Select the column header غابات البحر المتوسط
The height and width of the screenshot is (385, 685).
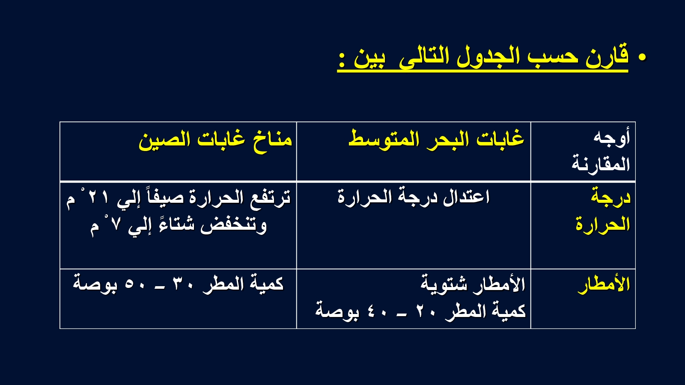click(x=436, y=139)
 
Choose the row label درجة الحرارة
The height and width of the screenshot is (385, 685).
click(x=603, y=211)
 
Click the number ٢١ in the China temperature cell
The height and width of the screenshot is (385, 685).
click(x=98, y=198)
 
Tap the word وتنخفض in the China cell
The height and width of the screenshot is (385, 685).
click(x=233, y=226)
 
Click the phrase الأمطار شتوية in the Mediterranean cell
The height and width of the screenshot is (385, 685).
click(x=473, y=284)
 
